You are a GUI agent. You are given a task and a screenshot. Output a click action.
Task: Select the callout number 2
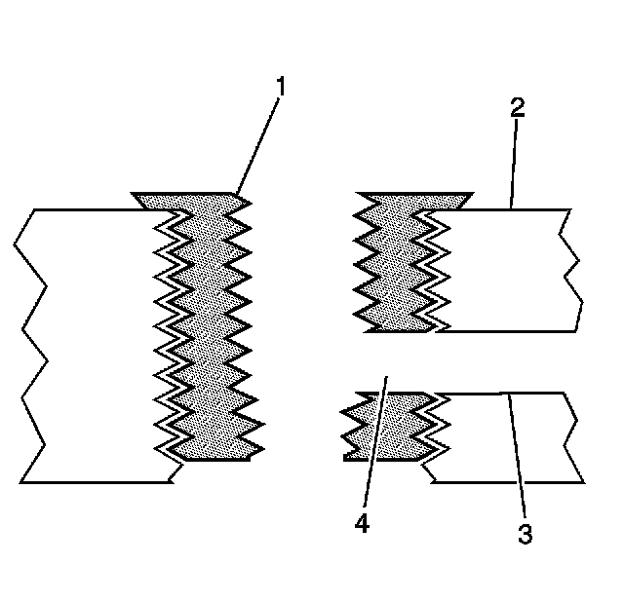518,106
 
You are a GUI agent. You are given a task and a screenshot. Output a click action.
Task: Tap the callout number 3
525,534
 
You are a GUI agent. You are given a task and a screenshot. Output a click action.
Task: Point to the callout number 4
362,523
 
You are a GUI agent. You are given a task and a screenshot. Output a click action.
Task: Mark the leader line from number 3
516,458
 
